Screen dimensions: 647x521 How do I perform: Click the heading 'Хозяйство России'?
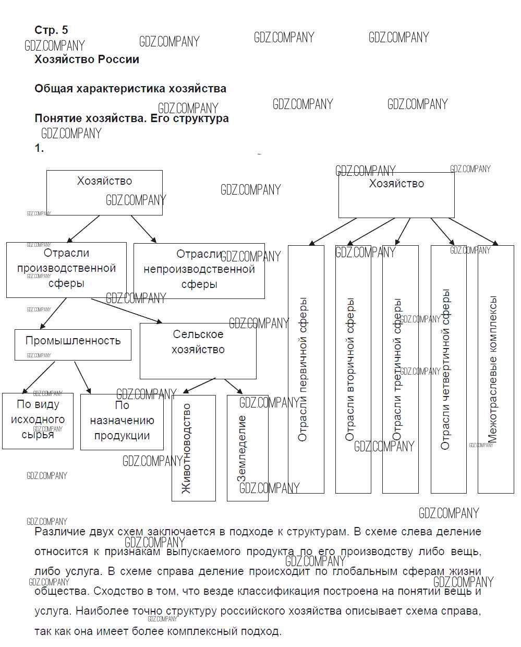coord(87,59)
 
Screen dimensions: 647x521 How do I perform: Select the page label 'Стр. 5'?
coord(51,30)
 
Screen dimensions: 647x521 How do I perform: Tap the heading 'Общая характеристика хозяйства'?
coord(130,89)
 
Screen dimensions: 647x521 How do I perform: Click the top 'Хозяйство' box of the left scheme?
coord(104,193)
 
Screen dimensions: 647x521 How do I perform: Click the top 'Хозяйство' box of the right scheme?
coord(396,195)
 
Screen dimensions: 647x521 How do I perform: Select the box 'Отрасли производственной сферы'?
coord(66,269)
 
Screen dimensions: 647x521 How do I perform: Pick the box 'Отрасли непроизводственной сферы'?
coord(199,270)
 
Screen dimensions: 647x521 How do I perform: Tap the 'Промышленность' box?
coord(73,344)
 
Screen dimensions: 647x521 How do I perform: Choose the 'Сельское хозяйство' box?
coord(198,350)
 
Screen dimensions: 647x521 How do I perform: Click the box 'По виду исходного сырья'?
coord(38,421)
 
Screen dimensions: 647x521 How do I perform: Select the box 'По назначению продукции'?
coord(122,422)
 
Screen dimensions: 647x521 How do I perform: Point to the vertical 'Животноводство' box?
coord(193,448)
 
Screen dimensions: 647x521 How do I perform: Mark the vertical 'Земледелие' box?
coord(247,448)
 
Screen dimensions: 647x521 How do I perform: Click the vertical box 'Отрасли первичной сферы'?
coord(306,369)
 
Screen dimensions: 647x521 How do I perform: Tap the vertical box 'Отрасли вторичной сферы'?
coord(353,369)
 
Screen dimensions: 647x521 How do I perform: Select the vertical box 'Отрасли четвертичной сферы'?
coord(449,369)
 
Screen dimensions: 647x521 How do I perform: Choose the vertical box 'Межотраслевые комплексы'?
coord(495,369)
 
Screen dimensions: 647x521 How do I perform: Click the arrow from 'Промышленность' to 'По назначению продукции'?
coord(82,377)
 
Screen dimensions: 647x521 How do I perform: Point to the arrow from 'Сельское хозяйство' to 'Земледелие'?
coord(234,386)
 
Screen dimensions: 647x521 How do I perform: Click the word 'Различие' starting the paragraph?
coord(58,532)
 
